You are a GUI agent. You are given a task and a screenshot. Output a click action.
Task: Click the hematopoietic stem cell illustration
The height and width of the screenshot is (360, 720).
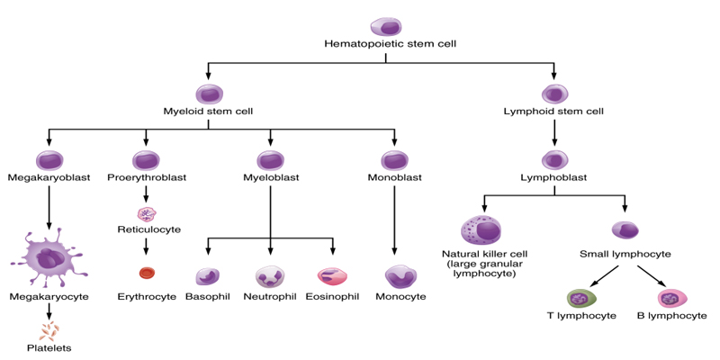[x=386, y=27]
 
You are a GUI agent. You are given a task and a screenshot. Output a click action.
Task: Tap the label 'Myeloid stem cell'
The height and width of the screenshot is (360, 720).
[x=209, y=111]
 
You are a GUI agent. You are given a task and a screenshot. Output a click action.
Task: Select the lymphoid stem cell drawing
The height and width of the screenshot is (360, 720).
[x=553, y=94]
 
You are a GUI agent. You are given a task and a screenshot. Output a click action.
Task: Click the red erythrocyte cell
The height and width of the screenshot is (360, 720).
[x=147, y=274]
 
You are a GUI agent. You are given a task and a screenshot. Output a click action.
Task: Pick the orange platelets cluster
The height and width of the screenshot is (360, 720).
[x=49, y=331]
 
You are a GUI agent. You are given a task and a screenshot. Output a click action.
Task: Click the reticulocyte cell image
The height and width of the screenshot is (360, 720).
[x=147, y=213]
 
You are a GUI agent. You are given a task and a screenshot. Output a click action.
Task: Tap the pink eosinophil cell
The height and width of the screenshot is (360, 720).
[x=331, y=276]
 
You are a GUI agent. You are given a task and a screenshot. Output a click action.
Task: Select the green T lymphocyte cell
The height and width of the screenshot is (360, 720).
[x=580, y=299]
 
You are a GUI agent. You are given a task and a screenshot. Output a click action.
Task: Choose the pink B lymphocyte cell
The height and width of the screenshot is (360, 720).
[x=672, y=299]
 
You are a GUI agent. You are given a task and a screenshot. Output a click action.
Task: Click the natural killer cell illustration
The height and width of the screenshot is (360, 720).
[x=481, y=229]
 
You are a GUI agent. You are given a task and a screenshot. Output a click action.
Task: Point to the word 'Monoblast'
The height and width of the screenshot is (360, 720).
[x=395, y=177]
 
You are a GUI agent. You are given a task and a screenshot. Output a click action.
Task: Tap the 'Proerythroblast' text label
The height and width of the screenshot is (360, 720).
[x=147, y=177]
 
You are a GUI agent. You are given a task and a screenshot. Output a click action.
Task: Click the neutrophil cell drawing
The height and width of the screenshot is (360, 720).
[x=271, y=277]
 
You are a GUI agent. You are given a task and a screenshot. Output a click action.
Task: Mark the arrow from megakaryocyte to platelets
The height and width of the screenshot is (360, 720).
[x=49, y=311]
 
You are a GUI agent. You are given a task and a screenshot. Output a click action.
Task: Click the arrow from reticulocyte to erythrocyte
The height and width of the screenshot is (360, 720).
[x=146, y=246]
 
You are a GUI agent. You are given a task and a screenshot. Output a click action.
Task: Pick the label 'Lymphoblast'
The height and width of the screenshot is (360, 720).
[x=553, y=177]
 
